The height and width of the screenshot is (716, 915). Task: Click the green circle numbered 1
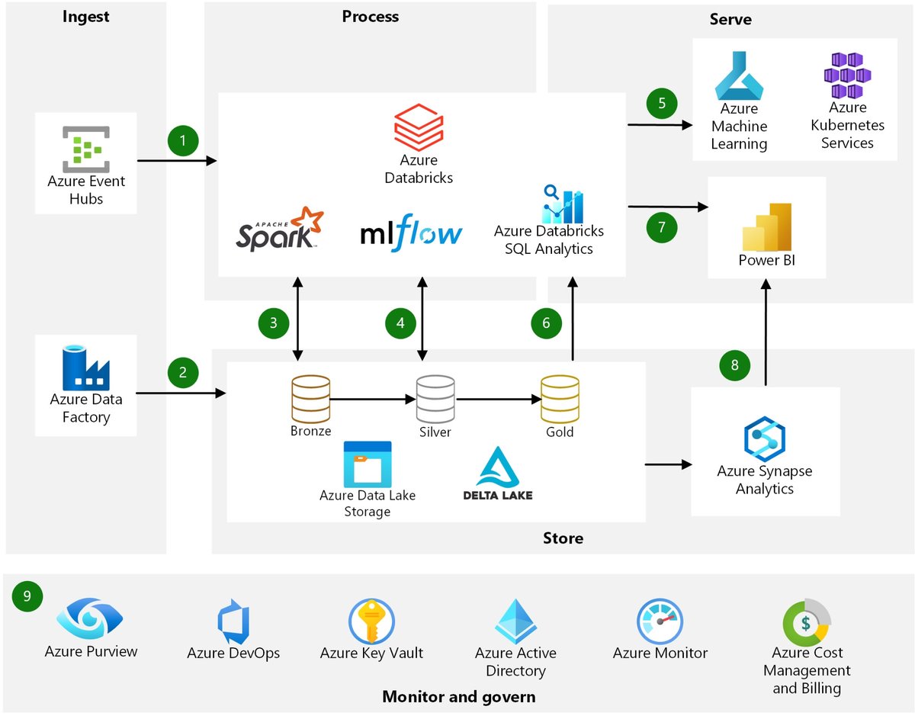tap(183, 140)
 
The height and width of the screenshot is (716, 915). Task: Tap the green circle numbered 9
tap(27, 596)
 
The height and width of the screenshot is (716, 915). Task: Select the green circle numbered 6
tap(546, 323)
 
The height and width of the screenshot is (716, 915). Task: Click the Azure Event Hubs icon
tap(86, 149)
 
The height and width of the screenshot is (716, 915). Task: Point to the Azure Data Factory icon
tap(86, 368)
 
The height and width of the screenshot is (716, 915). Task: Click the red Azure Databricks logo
tap(419, 127)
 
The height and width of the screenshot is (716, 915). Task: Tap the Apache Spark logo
tap(280, 229)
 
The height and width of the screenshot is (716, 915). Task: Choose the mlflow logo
tap(412, 233)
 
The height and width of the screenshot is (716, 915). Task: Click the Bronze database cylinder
tap(311, 399)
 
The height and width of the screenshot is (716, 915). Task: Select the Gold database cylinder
tap(560, 399)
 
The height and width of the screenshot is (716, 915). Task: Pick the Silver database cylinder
tap(435, 399)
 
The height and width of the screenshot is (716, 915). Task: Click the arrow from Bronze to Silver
tap(373, 399)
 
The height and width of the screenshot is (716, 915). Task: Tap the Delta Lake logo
tap(498, 474)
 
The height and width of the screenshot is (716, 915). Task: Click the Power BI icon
tap(767, 227)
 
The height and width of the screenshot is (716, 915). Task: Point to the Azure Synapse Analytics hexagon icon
tap(765, 439)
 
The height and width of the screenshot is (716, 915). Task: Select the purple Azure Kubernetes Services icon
tap(847, 75)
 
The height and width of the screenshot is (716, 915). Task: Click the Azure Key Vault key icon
tap(371, 621)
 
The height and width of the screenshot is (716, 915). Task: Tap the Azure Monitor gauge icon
tap(660, 621)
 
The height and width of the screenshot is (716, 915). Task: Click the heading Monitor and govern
tap(459, 697)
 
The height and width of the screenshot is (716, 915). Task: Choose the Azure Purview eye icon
tap(90, 618)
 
